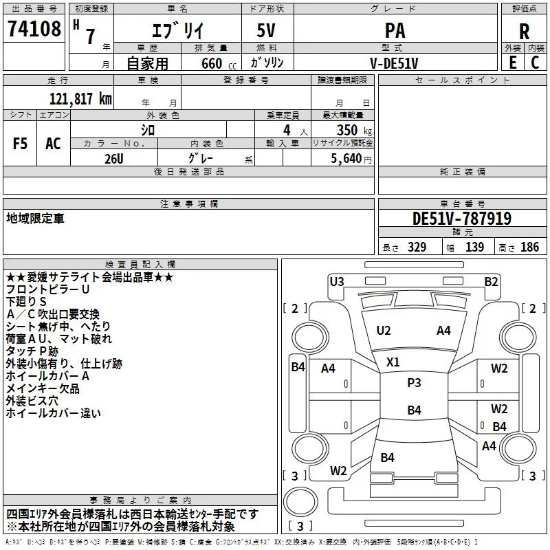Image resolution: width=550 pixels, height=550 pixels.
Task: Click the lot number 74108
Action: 34,29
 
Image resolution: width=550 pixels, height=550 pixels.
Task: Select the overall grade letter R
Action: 524,32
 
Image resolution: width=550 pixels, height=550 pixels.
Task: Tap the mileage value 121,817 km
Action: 80,99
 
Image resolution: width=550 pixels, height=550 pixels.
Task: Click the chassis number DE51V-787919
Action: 462,219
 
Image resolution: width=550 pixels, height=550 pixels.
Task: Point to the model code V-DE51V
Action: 394,63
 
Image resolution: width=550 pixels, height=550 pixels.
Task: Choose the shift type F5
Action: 20,144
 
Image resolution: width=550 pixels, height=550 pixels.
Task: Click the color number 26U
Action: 114,159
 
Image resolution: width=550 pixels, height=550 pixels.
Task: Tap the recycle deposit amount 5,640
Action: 346,159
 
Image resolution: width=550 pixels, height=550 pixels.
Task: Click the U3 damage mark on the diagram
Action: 337,282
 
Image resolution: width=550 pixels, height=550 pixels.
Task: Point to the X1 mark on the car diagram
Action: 393,362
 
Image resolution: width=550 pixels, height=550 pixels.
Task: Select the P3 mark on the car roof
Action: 414,383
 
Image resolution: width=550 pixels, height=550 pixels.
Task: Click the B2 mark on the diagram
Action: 491,282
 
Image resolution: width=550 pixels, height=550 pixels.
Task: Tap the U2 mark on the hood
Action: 384,331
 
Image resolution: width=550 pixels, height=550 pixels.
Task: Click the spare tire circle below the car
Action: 300,501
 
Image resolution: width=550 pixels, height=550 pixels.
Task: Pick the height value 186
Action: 529,247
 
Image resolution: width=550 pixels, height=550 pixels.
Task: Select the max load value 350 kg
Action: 354,130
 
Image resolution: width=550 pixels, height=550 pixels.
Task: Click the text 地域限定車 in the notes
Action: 36,218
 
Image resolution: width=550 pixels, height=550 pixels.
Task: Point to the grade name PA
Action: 395,31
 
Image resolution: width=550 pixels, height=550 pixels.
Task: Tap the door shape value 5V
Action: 266,30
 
